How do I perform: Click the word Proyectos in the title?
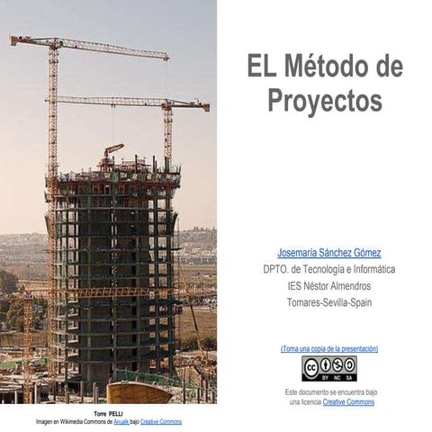(x=325, y=100)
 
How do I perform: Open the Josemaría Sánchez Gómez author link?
(x=329, y=253)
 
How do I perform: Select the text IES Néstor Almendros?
(x=329, y=286)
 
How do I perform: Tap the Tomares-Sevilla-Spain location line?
(x=329, y=302)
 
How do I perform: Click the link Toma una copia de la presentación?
(x=329, y=348)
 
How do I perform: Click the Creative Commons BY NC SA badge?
(x=329, y=368)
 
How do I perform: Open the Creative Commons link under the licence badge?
(x=348, y=402)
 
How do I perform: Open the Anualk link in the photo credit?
(x=121, y=422)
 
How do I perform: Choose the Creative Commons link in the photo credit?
(x=161, y=422)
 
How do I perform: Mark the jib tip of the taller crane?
(x=167, y=58)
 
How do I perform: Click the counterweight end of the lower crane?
(x=205, y=107)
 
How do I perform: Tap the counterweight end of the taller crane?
(x=13, y=40)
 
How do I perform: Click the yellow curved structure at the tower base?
(x=139, y=392)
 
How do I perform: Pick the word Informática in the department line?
(x=374, y=269)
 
